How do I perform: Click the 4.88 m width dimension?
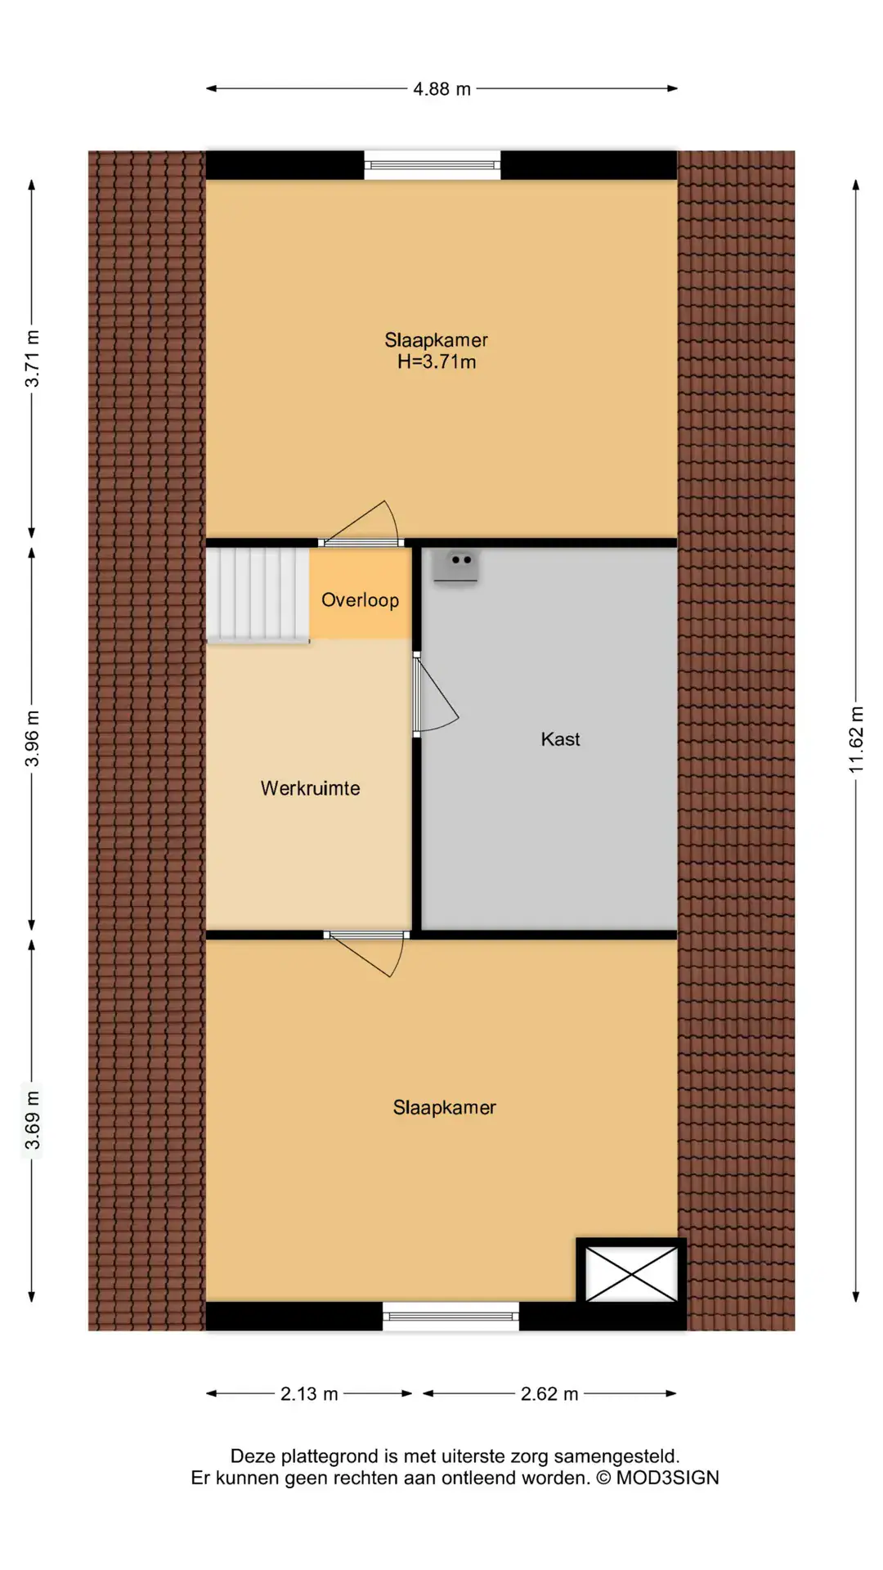click(x=441, y=89)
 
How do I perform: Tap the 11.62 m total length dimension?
click(x=856, y=740)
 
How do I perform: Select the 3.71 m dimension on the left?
click(x=32, y=358)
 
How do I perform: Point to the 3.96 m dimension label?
click(x=32, y=738)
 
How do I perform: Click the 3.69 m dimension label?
click(x=32, y=1120)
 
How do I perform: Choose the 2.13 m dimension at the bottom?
click(x=309, y=1393)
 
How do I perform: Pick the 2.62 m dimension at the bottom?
click(x=549, y=1393)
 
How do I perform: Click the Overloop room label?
click(x=361, y=600)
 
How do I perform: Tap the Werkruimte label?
click(x=311, y=788)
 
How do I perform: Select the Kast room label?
click(x=561, y=739)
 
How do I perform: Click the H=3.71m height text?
click(x=437, y=362)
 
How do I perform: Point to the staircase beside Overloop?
click(x=258, y=594)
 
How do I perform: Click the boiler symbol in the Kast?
click(x=455, y=566)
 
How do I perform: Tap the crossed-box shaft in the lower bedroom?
click(x=632, y=1273)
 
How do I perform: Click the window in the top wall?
click(x=433, y=165)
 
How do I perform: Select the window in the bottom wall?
click(x=451, y=1316)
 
